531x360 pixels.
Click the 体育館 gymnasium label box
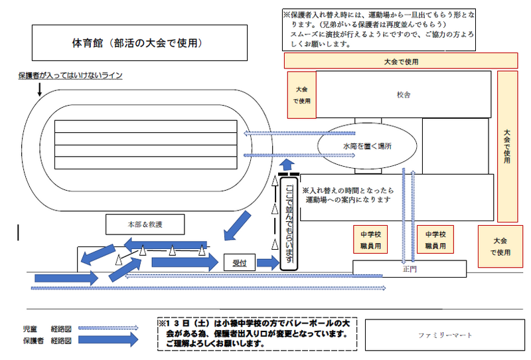coord(136,43)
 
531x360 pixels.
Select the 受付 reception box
coord(240,263)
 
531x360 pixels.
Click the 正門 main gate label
coord(408,269)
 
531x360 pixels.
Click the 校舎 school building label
coord(404,95)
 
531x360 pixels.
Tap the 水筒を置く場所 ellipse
coord(367,145)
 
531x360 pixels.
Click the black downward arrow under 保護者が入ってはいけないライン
coord(40,90)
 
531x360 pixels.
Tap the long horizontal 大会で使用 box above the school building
coord(401,61)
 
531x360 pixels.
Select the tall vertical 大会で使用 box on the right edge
coord(507,146)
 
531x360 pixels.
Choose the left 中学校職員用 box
coord(370,240)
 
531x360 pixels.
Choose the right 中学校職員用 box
coord(435,240)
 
